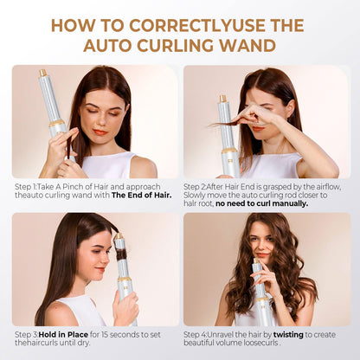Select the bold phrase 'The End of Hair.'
pyautogui.click(x=142, y=195)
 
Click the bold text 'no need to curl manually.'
pyautogui.click(x=262, y=203)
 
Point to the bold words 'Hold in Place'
pyautogui.click(x=63, y=335)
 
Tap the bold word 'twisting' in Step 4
pyautogui.click(x=288, y=335)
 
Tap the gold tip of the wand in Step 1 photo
pyautogui.click(x=43, y=73)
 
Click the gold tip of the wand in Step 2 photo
pyautogui.click(x=222, y=99)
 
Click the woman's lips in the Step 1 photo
pyautogui.click(x=100, y=132)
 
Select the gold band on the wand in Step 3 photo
pyautogui.click(x=125, y=280)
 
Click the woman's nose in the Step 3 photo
pyautogui.click(x=107, y=260)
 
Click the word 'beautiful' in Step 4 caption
pyautogui.click(x=197, y=343)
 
